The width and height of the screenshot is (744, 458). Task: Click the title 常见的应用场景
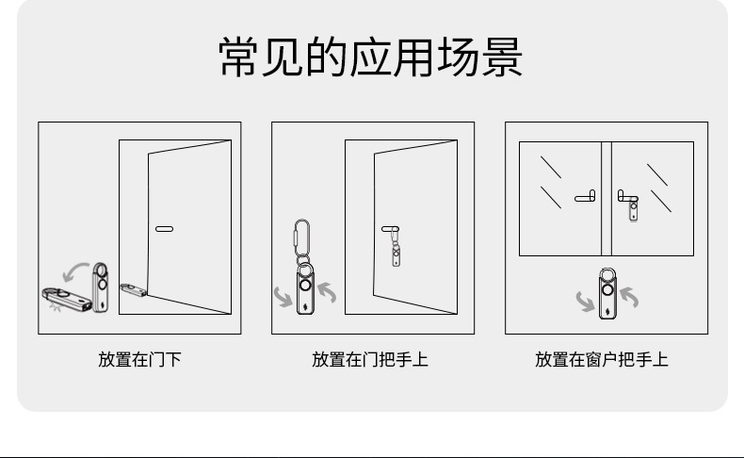(370, 58)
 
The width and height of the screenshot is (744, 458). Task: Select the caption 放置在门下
(139, 359)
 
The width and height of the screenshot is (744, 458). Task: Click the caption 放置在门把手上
(370, 359)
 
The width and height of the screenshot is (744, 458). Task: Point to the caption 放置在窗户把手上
(602, 359)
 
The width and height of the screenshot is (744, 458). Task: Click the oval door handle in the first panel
(164, 229)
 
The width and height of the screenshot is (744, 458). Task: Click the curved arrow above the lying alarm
(74, 270)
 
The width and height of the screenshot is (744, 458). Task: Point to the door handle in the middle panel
(390, 228)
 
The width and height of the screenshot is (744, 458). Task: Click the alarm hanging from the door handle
(396, 253)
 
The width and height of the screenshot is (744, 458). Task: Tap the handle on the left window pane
(585, 197)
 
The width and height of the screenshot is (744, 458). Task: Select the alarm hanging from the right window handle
(634, 209)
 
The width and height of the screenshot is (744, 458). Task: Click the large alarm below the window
(607, 292)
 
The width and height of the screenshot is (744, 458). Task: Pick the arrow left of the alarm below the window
(585, 302)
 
